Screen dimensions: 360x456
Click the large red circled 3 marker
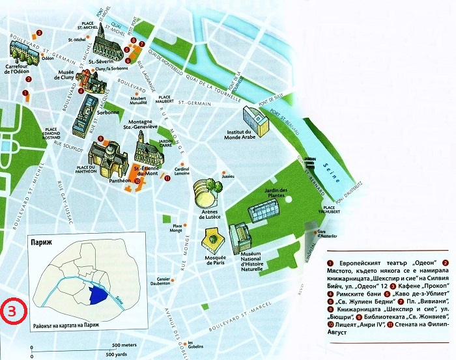(12, 310)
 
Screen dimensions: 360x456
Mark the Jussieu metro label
(228, 176)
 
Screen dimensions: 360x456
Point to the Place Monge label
(177, 228)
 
